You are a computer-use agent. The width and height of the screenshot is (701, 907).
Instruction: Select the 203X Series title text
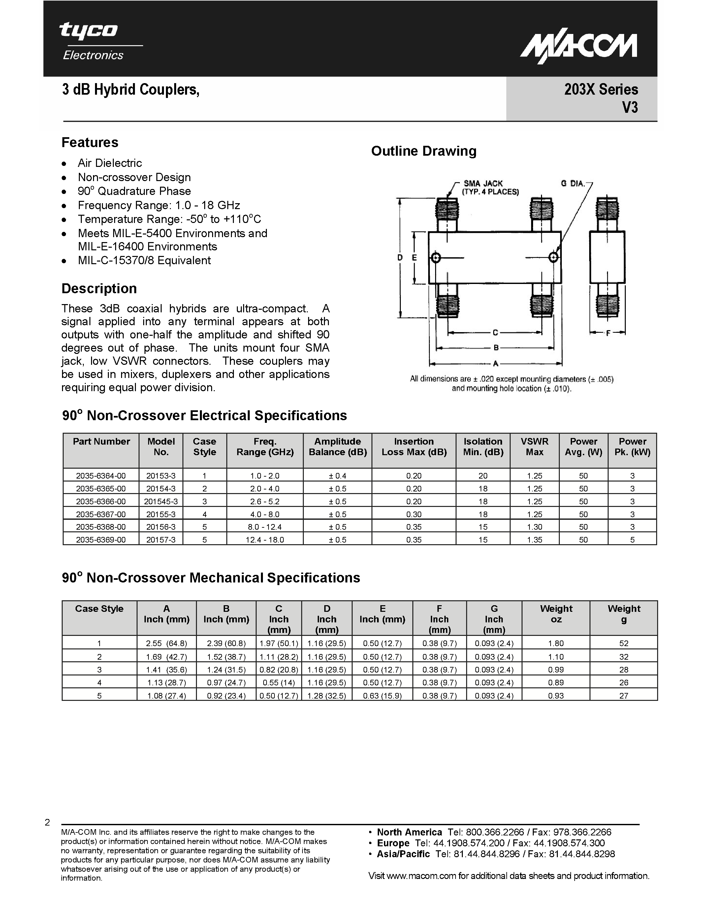(x=601, y=90)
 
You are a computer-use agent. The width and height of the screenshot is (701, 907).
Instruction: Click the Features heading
(x=90, y=142)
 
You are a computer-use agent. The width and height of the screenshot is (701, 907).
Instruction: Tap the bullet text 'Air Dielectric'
(x=110, y=163)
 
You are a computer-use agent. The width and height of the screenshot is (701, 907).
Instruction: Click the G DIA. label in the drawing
(x=573, y=184)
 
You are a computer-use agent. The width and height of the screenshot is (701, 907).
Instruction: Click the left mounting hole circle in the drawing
(x=435, y=258)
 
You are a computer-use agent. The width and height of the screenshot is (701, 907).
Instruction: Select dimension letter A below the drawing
(x=495, y=364)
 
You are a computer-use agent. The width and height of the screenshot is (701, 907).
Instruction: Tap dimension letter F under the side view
(x=608, y=333)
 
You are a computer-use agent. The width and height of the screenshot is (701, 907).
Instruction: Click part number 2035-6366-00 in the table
(x=101, y=501)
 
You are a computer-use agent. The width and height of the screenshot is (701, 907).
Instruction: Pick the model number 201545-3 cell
(x=161, y=501)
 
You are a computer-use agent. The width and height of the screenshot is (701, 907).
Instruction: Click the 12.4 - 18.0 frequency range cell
(x=265, y=540)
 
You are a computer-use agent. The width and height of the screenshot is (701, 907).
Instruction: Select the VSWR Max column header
(x=534, y=447)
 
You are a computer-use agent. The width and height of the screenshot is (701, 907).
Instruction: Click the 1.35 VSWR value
(x=534, y=540)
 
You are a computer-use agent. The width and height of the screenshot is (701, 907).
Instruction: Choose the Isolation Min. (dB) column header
(x=483, y=447)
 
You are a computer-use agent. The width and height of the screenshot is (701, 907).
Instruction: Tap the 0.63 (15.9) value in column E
(x=382, y=696)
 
